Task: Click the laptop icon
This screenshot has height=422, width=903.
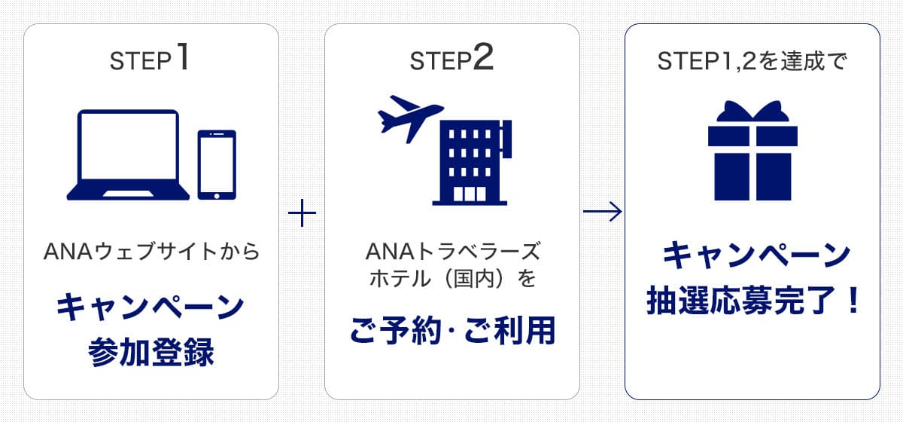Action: pos(129,155)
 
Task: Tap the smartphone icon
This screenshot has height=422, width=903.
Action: pos(217,165)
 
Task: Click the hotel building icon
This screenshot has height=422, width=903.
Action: pos(470,164)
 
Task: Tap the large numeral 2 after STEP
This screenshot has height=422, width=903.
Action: pos(483,60)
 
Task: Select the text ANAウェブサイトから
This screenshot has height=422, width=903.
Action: pos(151,251)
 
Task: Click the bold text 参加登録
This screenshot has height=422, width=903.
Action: pos(151,352)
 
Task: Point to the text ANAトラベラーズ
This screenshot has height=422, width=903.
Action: pos(451,251)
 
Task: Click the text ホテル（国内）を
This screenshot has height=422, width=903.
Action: pos(451,278)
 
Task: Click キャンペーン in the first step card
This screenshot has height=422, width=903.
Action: pos(151,307)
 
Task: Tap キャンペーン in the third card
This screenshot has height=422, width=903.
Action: pos(752,257)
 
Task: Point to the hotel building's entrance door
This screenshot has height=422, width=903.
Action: pos(470,194)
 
